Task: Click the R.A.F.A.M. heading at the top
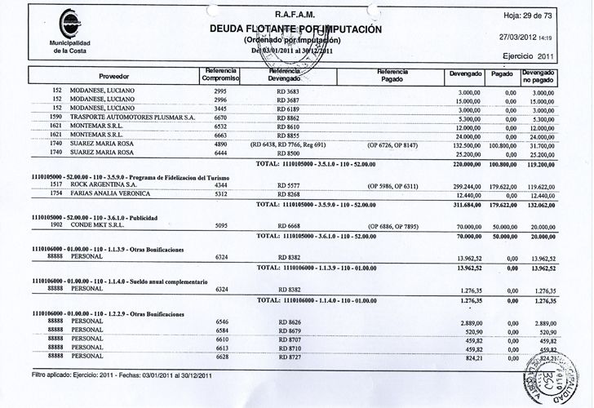295,14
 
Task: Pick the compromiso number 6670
213,118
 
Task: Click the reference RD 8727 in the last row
290,357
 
